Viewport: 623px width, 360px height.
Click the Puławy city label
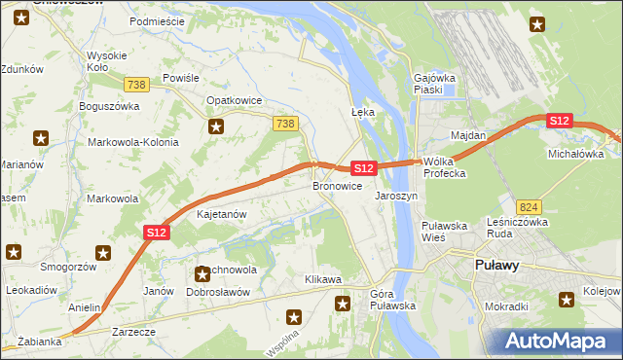[x=496, y=265]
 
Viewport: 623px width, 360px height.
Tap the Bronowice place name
[x=338, y=185]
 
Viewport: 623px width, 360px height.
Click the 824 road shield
[x=529, y=207]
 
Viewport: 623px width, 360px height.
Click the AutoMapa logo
[x=560, y=341]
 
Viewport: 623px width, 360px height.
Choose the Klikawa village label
[x=323, y=280]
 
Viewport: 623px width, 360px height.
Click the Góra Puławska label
[x=393, y=299]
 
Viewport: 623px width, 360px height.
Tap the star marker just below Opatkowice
[x=216, y=126]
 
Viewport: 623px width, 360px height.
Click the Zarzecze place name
[x=133, y=332]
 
